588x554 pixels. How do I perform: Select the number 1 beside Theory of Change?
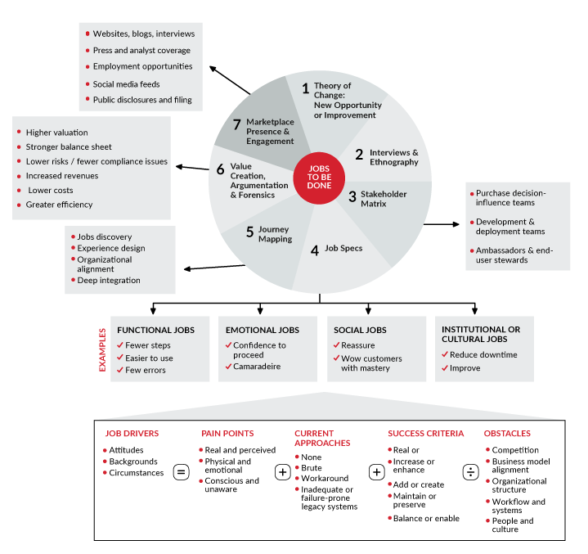click(x=306, y=88)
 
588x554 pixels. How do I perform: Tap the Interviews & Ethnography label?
click(x=393, y=157)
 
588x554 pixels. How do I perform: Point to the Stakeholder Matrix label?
click(x=384, y=199)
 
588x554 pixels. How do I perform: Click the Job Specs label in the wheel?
click(x=343, y=248)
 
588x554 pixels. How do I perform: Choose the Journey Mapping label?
click(x=274, y=234)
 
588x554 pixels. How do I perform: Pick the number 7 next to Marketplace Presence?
click(x=237, y=125)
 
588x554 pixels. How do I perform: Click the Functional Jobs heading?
click(x=155, y=331)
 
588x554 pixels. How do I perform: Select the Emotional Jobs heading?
click(x=263, y=331)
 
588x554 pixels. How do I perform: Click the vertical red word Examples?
click(x=103, y=349)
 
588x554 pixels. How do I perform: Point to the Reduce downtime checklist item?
click(x=483, y=354)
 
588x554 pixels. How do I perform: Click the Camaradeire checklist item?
click(x=257, y=367)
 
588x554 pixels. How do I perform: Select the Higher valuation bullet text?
click(x=56, y=133)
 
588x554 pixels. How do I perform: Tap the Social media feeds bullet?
click(x=126, y=84)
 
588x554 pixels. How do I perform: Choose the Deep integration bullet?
click(x=109, y=280)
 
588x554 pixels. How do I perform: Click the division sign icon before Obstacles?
click(x=470, y=472)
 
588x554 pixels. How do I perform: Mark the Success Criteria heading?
click(x=425, y=434)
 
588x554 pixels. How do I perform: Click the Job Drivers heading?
click(x=132, y=434)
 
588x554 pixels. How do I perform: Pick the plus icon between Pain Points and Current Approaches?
click(x=282, y=472)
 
